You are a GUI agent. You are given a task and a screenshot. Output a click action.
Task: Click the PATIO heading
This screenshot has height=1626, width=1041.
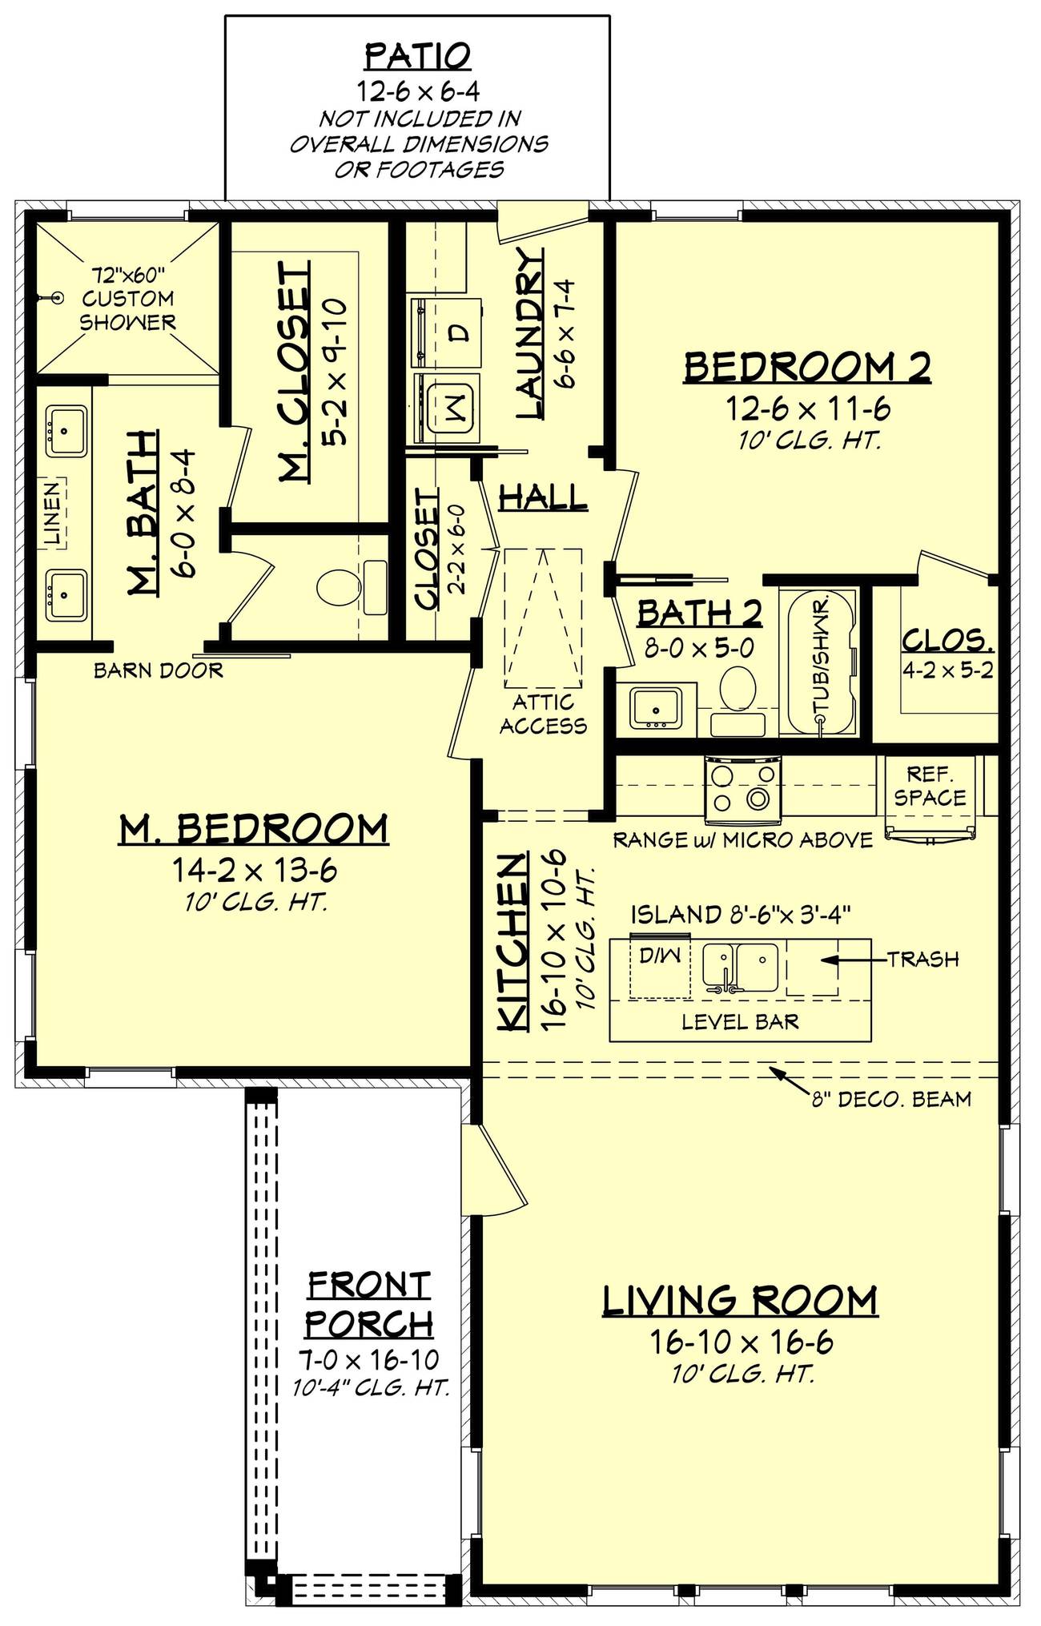click(x=417, y=57)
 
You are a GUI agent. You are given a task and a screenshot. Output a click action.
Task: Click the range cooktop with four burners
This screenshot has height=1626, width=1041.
click(x=742, y=788)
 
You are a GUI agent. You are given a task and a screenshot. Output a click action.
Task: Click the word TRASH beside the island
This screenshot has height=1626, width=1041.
click(x=922, y=959)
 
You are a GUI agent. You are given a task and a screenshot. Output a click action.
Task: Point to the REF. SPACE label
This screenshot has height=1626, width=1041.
click(x=930, y=786)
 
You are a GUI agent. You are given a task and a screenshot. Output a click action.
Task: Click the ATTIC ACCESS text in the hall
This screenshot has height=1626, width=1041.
click(x=543, y=714)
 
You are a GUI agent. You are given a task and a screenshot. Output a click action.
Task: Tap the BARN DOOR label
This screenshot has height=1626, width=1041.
click(x=158, y=670)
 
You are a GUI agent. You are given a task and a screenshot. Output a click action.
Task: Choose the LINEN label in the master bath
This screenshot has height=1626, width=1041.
click(x=52, y=513)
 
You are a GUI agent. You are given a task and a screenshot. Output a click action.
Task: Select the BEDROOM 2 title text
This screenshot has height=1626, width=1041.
click(x=807, y=367)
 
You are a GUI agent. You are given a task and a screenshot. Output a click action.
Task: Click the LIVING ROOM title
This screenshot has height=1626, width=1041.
click(x=740, y=1301)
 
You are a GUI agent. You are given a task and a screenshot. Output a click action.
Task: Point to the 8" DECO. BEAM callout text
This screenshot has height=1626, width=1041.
click(x=891, y=1100)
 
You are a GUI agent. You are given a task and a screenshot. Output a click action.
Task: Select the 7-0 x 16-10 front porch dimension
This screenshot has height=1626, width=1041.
click(x=369, y=1359)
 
